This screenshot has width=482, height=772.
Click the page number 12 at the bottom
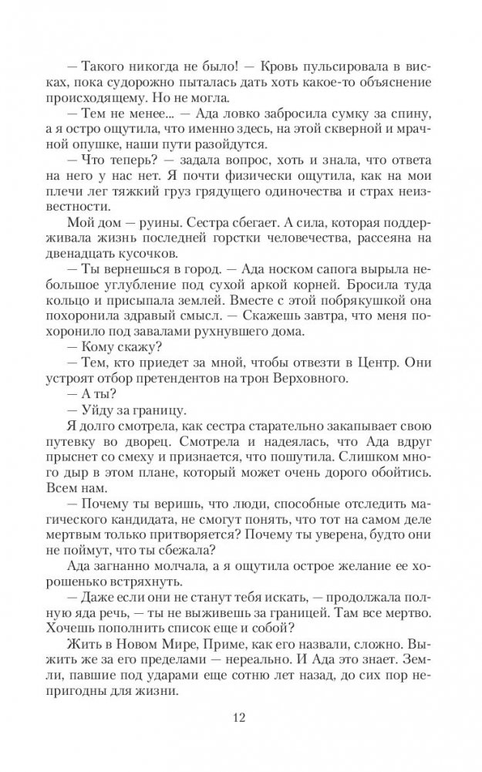[x=241, y=718]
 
